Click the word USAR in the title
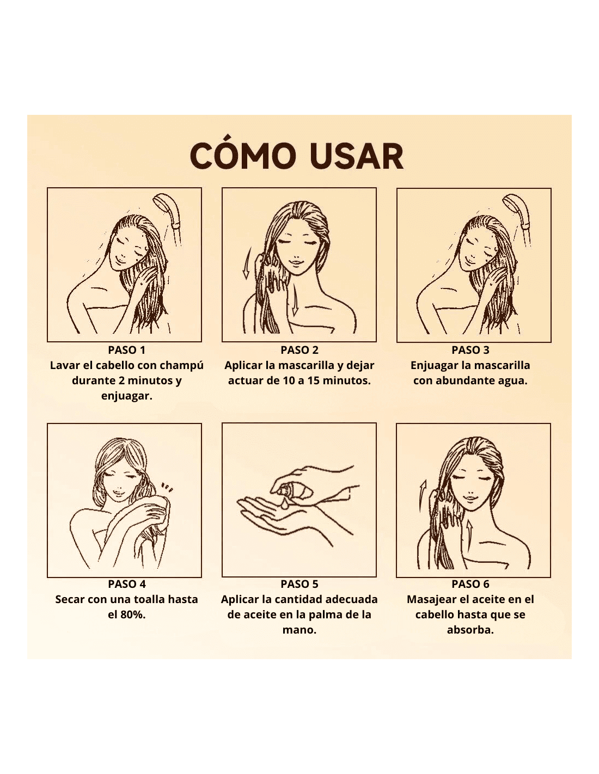coord(356,156)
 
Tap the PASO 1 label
coord(126,350)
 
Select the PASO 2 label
coord(299,350)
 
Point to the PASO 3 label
coord(470,350)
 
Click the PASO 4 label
coord(127,584)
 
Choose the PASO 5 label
coord(299,584)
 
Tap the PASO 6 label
coord(470,584)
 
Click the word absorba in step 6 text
coord(470,630)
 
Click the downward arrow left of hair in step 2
coord(247,263)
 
